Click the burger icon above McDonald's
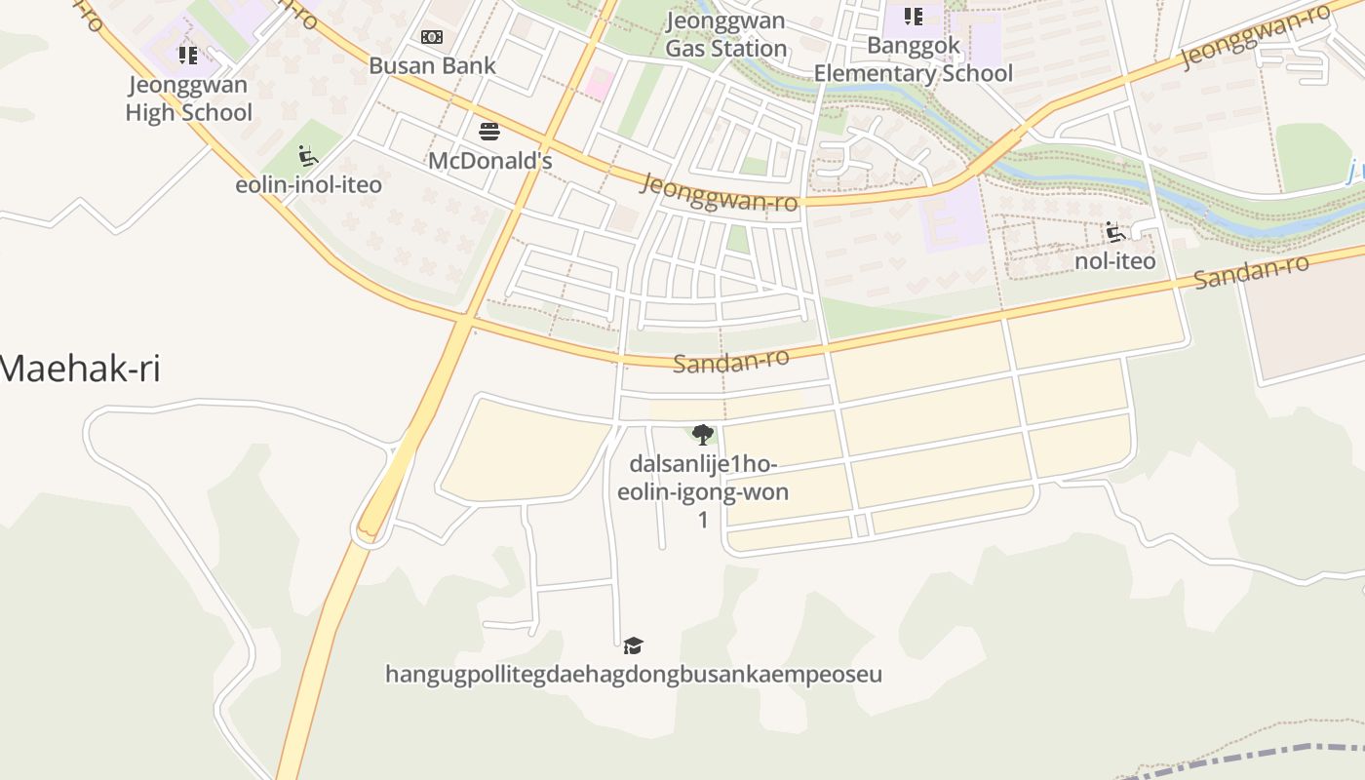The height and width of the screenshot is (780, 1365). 489,132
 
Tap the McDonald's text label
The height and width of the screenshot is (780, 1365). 490,161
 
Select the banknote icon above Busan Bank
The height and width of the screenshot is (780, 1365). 432,37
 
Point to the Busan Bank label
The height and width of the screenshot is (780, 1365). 432,66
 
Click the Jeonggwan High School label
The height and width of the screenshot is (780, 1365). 188,98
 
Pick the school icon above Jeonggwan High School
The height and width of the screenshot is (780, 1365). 188,56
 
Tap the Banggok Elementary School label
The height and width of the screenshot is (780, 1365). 914,59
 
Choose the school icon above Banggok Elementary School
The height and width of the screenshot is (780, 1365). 914,16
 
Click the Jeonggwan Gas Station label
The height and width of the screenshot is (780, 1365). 726,35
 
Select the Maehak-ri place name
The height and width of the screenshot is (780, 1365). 80,370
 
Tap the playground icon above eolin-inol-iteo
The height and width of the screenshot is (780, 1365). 308,156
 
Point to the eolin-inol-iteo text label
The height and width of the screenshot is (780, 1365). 308,184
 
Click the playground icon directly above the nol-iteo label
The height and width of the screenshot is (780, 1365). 1115,232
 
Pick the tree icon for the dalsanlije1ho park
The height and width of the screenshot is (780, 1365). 702,435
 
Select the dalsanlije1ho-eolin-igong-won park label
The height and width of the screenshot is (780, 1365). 702,478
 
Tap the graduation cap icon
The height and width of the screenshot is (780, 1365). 634,645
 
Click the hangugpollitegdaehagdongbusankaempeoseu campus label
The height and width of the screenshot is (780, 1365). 634,675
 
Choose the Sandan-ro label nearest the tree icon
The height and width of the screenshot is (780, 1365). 730,362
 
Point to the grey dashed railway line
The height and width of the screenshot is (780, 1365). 1267,754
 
